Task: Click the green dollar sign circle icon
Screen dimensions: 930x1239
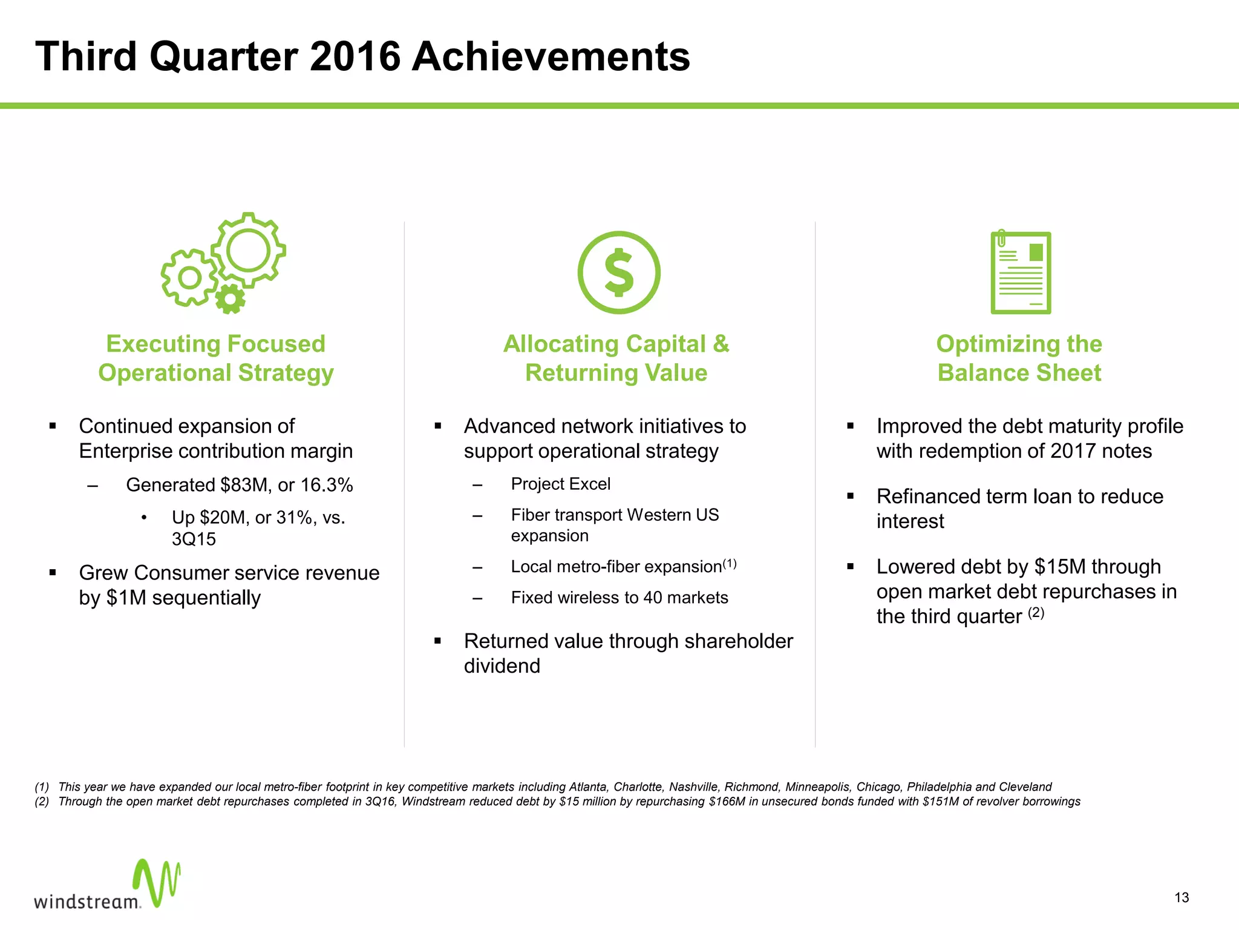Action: tap(618, 272)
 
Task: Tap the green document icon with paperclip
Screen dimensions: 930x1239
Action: tap(1021, 272)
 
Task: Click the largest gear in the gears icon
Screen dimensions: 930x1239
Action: tap(248, 250)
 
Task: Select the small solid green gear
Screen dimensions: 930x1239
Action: tap(230, 299)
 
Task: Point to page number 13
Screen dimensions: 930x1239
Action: tap(1182, 898)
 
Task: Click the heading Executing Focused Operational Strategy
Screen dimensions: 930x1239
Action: tap(216, 358)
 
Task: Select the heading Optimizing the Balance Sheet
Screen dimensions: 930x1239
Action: tap(1019, 358)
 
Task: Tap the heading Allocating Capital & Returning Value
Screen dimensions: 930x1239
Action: tap(616, 358)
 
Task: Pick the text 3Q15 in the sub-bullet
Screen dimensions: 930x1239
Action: tap(194, 539)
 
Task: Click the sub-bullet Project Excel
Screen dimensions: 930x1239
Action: tap(560, 484)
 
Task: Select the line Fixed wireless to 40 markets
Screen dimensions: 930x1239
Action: tap(619, 598)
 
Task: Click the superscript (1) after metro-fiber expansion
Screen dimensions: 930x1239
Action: tap(730, 564)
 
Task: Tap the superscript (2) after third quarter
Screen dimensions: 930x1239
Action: tap(1036, 613)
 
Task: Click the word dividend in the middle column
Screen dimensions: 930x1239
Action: tap(502, 666)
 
